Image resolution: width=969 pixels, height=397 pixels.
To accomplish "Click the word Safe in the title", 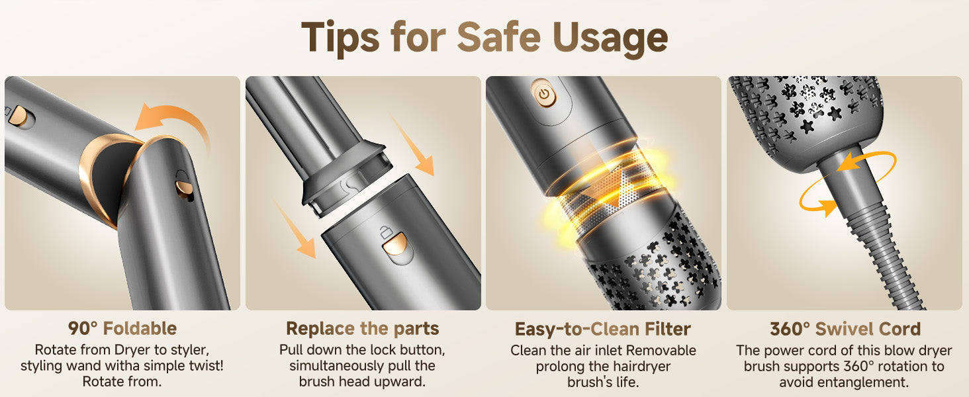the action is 499,37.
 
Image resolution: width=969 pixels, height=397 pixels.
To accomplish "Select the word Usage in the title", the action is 610,39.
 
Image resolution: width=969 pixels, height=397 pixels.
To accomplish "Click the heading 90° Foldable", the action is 122,329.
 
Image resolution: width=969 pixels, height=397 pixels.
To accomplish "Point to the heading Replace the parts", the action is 363,329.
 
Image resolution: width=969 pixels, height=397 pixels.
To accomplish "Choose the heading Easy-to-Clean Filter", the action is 602,329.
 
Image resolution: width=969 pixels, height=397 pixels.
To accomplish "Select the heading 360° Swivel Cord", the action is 845,329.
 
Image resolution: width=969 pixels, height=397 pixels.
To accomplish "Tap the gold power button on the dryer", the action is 544,93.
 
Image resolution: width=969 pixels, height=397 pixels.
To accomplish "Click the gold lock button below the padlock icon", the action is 394,244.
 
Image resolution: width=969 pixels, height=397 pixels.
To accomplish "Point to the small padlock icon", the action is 385,232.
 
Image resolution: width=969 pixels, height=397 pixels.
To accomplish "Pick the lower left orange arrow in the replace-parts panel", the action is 295,228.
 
